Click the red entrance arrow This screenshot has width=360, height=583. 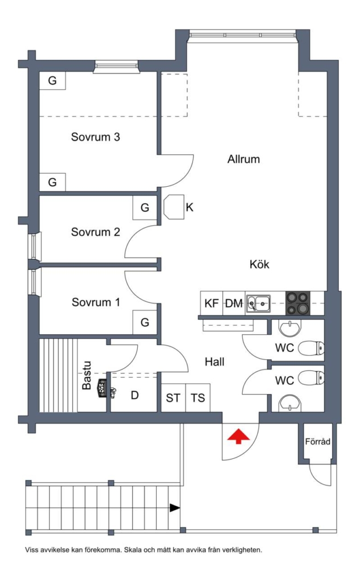[x=239, y=436]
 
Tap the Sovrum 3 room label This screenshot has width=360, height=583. [x=96, y=137]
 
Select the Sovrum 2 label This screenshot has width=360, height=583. [x=96, y=232]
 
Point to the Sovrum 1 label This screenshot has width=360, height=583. [x=96, y=302]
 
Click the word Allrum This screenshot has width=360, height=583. [x=244, y=159]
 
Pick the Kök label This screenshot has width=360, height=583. [x=259, y=264]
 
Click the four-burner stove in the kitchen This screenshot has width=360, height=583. [x=297, y=303]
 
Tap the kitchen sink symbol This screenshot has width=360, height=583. [x=259, y=303]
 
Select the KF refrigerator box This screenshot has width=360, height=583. [x=211, y=303]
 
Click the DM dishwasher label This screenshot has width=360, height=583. [x=234, y=303]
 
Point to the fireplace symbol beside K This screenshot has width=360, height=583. [x=174, y=207]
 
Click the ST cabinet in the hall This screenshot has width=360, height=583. [x=173, y=397]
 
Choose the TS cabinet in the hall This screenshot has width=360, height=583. [x=198, y=397]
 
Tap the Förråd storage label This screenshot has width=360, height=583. [x=318, y=442]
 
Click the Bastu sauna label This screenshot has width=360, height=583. [x=86, y=376]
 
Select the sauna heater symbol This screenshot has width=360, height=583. [x=103, y=388]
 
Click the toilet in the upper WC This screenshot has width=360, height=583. [x=311, y=348]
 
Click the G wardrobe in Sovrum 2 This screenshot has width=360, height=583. [x=145, y=207]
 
